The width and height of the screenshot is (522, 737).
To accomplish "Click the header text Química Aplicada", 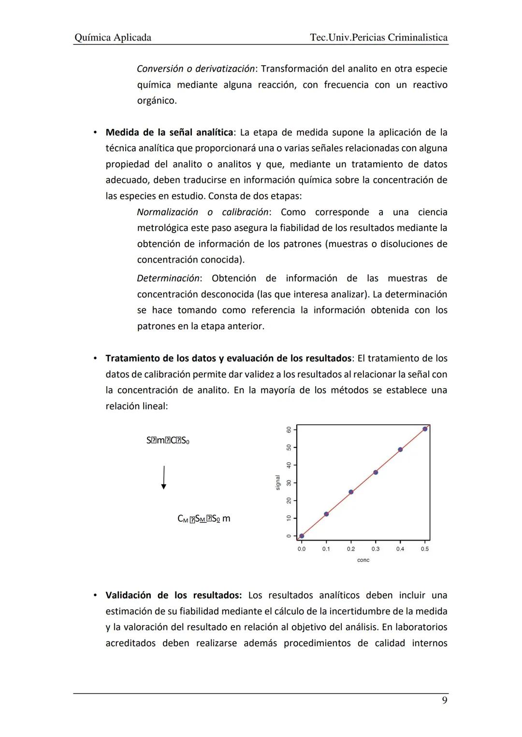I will (x=113, y=38).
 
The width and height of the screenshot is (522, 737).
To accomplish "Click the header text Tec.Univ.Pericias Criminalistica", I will (x=378, y=38).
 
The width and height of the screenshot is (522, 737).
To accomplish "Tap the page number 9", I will (x=444, y=700).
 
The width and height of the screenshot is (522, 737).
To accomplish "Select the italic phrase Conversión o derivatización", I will (x=196, y=69).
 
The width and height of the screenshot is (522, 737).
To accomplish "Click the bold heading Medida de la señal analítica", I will (x=169, y=132).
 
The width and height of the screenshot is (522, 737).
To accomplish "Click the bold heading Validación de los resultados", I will (x=174, y=595).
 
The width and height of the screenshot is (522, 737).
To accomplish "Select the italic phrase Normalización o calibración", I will (x=203, y=212).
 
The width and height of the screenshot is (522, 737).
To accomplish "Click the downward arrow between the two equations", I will (x=164, y=477).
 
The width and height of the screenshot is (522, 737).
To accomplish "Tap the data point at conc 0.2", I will (x=351, y=492).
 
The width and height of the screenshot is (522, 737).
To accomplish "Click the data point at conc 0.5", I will (x=425, y=429).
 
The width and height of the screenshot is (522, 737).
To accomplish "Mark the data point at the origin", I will (x=302, y=536).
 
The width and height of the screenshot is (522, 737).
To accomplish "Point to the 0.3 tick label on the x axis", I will (x=376, y=549).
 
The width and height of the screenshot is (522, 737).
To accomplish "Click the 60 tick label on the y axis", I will (x=289, y=430).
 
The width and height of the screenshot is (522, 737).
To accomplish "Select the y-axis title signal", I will (x=277, y=483).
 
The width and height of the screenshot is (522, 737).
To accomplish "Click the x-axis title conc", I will (x=363, y=560).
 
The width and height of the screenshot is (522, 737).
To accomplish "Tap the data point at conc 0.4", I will (x=400, y=450).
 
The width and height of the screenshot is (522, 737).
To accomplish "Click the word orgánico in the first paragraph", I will (x=157, y=101).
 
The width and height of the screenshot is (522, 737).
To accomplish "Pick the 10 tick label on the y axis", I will (x=289, y=518).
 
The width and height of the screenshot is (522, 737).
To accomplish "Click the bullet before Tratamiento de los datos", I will (x=96, y=359).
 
